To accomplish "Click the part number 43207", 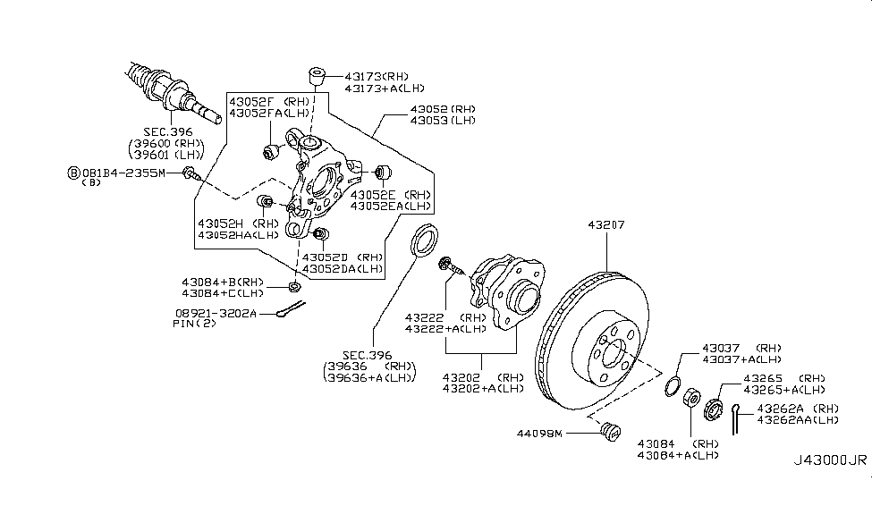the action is (606, 225).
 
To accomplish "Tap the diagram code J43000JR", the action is (829, 460).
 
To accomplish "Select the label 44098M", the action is (539, 434).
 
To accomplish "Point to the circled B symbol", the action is (73, 173).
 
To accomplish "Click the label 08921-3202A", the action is (216, 314).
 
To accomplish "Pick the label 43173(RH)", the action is (377, 77).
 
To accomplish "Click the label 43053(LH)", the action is (443, 121).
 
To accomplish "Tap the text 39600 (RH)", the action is (166, 143).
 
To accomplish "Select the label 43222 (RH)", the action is (445, 318).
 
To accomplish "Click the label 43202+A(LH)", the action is (483, 389).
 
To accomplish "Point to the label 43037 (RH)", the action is (741, 349).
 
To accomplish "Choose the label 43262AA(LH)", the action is (798, 420).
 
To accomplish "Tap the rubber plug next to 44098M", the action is (611, 431).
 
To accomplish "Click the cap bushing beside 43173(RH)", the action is (317, 77).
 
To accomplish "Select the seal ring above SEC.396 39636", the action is (424, 240).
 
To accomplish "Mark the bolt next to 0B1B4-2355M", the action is (190, 173).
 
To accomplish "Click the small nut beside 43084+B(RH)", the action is (294, 287).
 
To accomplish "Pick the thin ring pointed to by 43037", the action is (673, 386).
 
